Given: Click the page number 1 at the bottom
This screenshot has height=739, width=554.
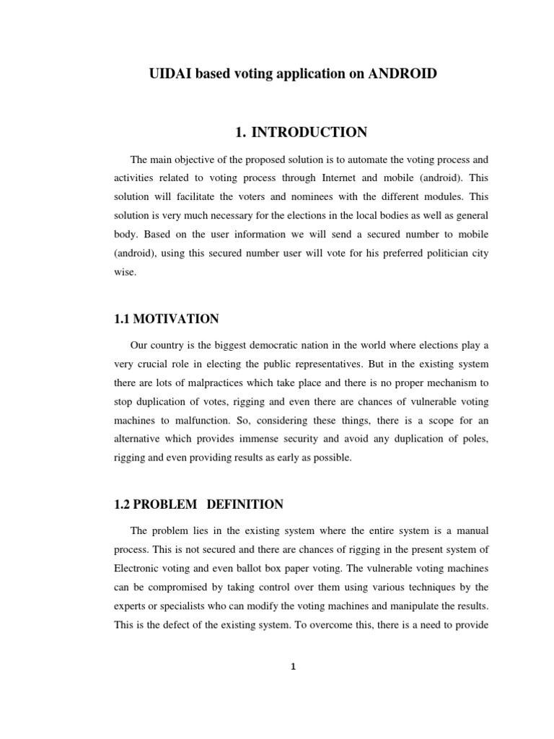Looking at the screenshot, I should (293, 667).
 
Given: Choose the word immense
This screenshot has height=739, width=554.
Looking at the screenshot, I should (294, 439).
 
